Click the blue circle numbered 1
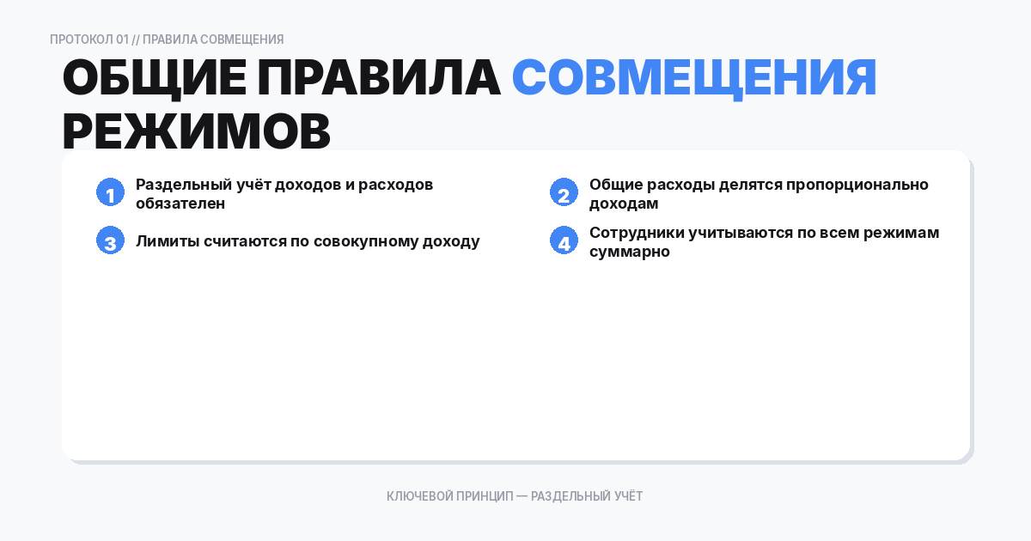pyautogui.click(x=110, y=193)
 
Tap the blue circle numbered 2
pyautogui.click(x=564, y=193)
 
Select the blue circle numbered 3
pyautogui.click(x=110, y=241)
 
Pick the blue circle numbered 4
pyautogui.click(x=564, y=241)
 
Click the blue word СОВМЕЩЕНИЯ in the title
pyautogui.click(x=694, y=79)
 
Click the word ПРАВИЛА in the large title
pyautogui.click(x=378, y=79)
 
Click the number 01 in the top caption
pyautogui.click(x=122, y=40)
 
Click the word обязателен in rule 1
pyautogui.click(x=180, y=204)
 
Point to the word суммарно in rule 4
pyautogui.click(x=630, y=252)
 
